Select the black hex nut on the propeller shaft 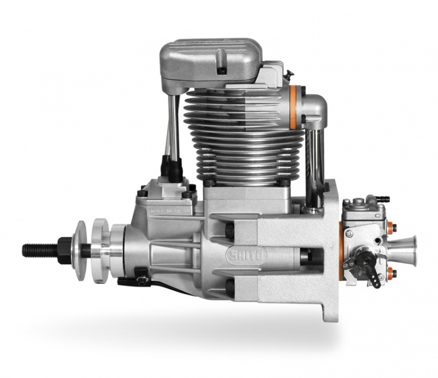[x=64, y=249]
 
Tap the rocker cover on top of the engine [x=210, y=58]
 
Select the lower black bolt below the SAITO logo [x=230, y=286]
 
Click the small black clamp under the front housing [x=141, y=273]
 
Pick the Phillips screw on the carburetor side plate [x=349, y=233]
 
